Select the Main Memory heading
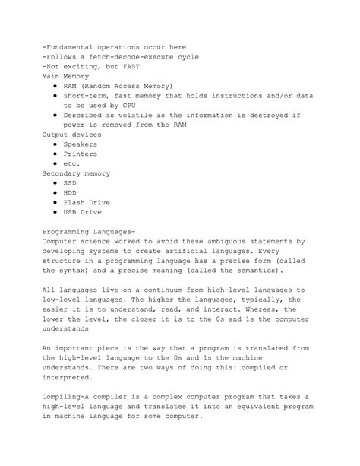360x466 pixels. pyautogui.click(x=65, y=77)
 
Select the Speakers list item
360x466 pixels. pyautogui.click(x=81, y=144)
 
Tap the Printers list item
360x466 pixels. pyautogui.click(x=81, y=154)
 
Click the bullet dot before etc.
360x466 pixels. pyautogui.click(x=56, y=164)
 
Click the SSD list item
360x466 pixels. pyautogui.click(x=70, y=183)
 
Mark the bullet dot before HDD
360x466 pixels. pyautogui.click(x=56, y=193)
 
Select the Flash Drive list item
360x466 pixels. pyautogui.click(x=87, y=203)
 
